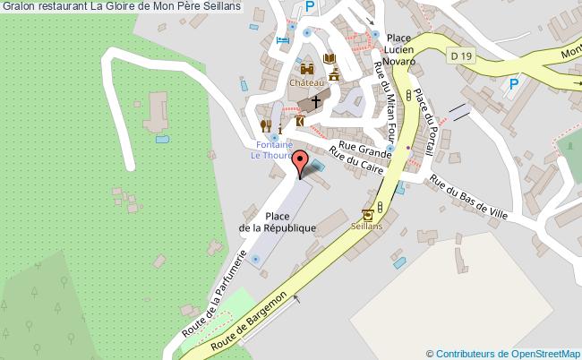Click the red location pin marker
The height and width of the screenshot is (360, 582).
[302, 165]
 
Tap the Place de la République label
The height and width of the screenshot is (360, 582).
[278, 222]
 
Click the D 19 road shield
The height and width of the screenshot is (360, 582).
[461, 56]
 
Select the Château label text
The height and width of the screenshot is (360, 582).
[306, 81]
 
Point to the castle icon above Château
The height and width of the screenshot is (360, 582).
[306, 68]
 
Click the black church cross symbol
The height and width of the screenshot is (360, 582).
[317, 103]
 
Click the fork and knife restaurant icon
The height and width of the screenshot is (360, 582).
[265, 124]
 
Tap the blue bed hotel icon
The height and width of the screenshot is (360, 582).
[283, 39]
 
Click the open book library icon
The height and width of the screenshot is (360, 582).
[330, 58]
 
